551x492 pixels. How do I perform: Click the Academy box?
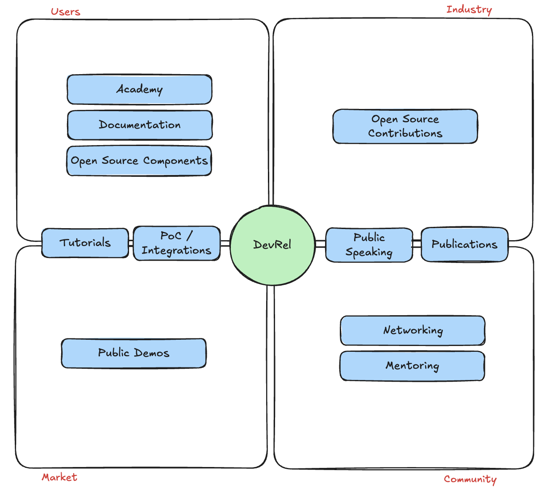(139, 89)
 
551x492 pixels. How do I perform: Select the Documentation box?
(140, 125)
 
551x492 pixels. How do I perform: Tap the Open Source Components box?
(139, 161)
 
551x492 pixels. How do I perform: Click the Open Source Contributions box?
(405, 126)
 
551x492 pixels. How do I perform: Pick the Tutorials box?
(85, 243)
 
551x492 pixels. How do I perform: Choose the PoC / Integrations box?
(176, 243)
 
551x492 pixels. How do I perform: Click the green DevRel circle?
(272, 245)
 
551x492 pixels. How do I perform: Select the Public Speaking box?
(369, 245)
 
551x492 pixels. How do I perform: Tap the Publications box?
(464, 245)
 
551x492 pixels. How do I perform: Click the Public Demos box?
(134, 353)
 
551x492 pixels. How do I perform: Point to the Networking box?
(413, 330)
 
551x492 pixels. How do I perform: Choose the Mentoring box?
(412, 366)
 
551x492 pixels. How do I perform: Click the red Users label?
(65, 12)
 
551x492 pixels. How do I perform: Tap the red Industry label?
(469, 9)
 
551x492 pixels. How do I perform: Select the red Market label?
(59, 477)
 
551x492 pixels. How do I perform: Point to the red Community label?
(470, 479)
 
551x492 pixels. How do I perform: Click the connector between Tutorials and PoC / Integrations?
(131, 243)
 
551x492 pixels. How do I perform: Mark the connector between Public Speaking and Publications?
(417, 243)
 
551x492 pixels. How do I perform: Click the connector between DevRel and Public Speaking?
(320, 244)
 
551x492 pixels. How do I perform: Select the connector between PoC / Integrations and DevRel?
(225, 243)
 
